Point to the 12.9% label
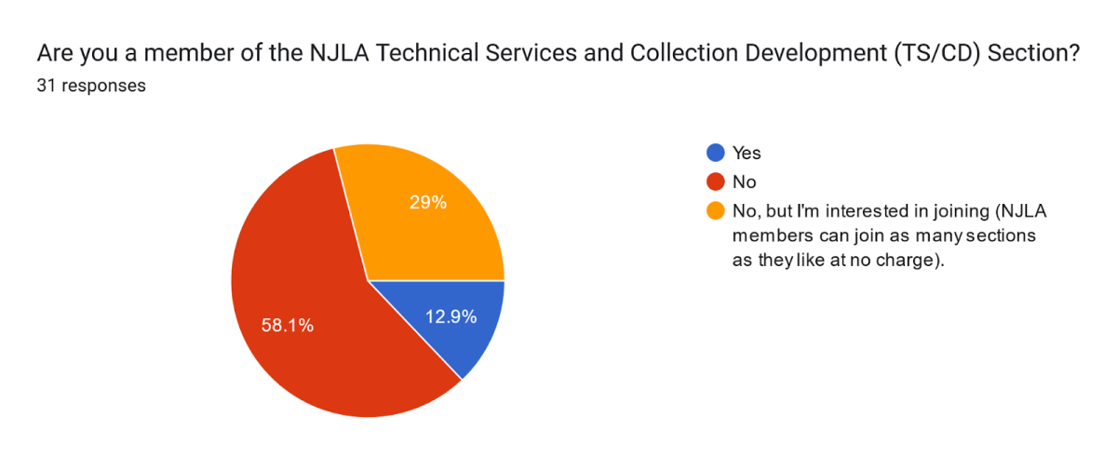(x=451, y=316)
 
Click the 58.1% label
(x=287, y=326)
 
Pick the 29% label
(x=428, y=202)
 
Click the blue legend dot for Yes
(x=716, y=154)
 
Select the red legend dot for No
(x=716, y=182)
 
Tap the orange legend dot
(x=716, y=211)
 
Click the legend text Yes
(x=747, y=154)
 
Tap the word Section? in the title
(x=1033, y=55)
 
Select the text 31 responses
(x=91, y=86)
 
